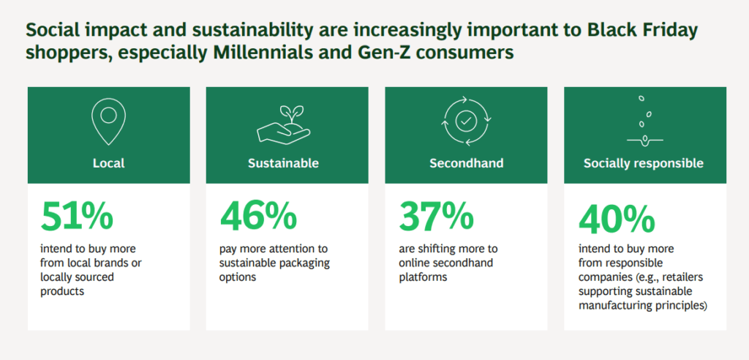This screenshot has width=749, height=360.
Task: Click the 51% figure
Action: point(77,216)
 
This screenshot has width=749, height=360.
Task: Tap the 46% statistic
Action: point(258,216)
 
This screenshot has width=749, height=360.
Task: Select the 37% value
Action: point(436,216)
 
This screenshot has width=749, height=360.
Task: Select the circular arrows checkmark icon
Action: point(466,119)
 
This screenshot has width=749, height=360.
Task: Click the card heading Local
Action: point(108,163)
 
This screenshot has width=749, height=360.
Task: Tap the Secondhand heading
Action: point(466,163)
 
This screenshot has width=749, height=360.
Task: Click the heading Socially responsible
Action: point(644,163)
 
